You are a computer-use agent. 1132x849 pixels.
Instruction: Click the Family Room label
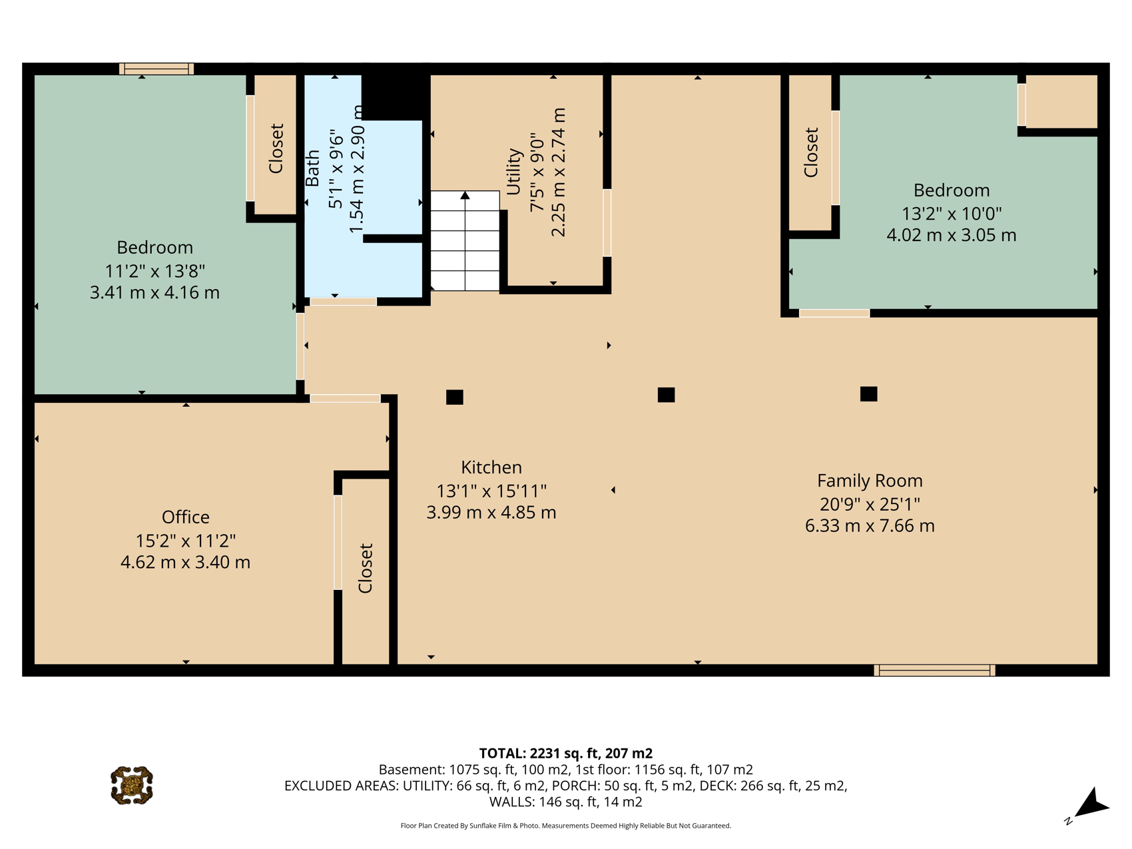870,481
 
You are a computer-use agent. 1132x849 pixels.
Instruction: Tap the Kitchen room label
491,467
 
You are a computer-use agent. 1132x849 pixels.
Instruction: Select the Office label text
186,517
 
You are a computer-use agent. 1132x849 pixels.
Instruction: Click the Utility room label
513,172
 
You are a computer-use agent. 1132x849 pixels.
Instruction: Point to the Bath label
312,168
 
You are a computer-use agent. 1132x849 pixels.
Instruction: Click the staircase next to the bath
465,241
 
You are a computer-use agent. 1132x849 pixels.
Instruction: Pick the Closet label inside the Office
366,568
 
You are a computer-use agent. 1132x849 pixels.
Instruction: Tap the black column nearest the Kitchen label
455,398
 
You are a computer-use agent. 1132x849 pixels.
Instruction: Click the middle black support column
666,395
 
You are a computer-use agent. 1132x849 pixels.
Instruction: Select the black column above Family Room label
868,394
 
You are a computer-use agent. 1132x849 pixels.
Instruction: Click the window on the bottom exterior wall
934,671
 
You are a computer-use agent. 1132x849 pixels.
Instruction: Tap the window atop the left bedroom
156,69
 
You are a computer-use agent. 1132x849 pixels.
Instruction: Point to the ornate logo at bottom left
132,786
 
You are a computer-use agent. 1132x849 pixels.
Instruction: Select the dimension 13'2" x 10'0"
952,214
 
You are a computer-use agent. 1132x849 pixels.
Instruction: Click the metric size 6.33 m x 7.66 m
870,526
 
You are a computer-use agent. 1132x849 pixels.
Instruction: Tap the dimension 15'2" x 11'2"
186,541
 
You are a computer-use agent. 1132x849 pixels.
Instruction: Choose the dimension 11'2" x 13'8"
155,271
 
